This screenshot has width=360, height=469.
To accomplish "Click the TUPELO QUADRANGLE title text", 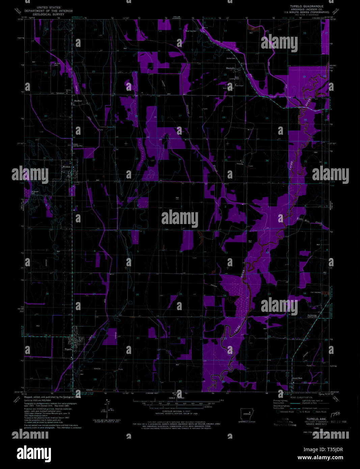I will point(306,6).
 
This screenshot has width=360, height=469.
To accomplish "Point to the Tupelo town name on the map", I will point(68,349).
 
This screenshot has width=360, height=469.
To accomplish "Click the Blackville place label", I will point(230,68).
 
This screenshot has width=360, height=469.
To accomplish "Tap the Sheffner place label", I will point(78,101).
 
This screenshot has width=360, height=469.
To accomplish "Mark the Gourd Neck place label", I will point(297,378).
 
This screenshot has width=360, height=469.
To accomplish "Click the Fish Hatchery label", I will point(315,292).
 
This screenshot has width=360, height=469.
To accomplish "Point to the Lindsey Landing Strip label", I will point(78,145).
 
